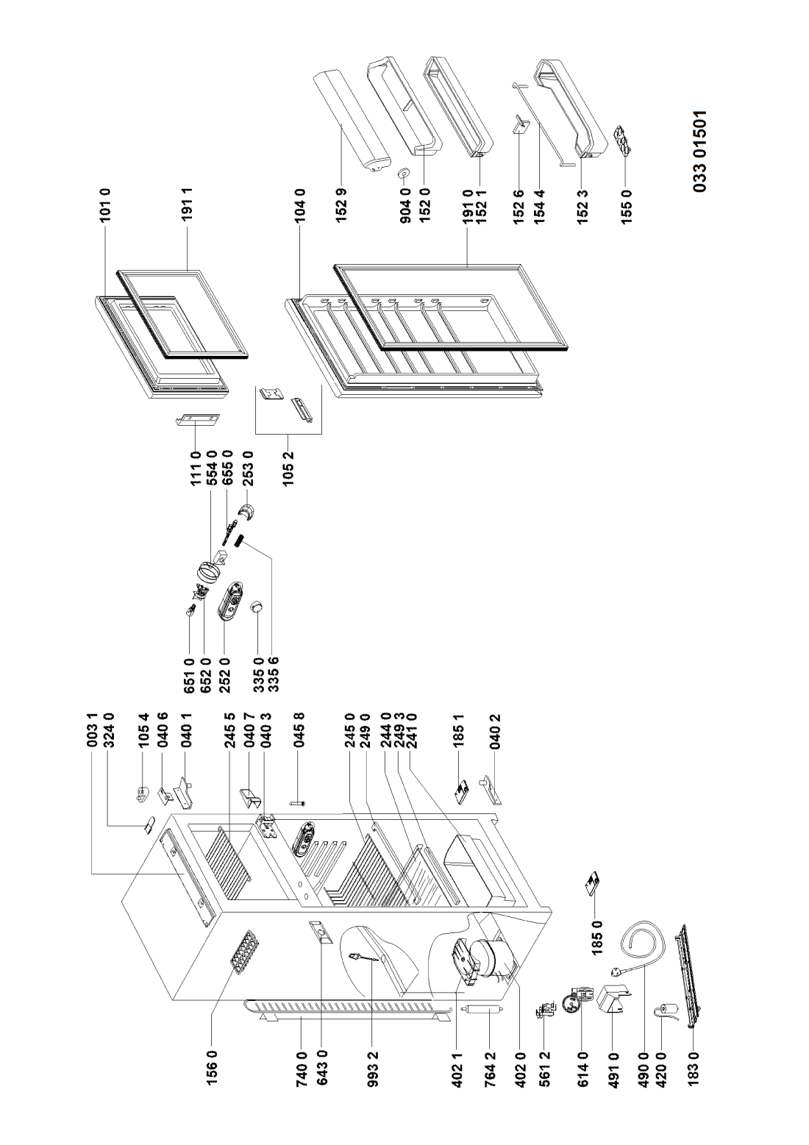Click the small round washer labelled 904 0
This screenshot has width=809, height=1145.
tap(403, 174)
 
